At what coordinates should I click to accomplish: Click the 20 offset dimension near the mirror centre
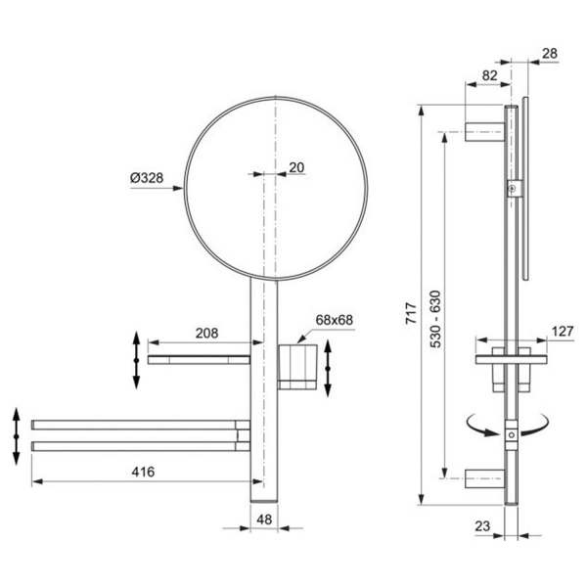click(x=296, y=167)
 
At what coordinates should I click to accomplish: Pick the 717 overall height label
click(x=412, y=314)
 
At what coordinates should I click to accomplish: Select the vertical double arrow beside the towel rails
click(x=17, y=435)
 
